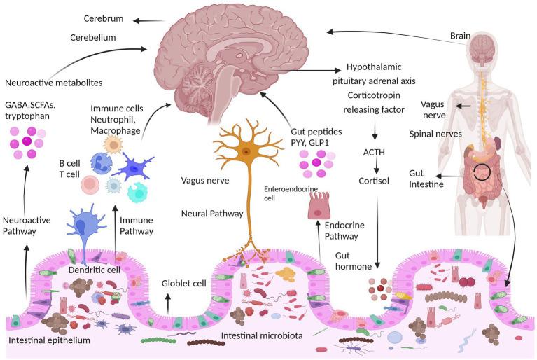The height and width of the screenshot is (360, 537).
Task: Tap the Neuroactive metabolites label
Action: (x=53, y=83)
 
